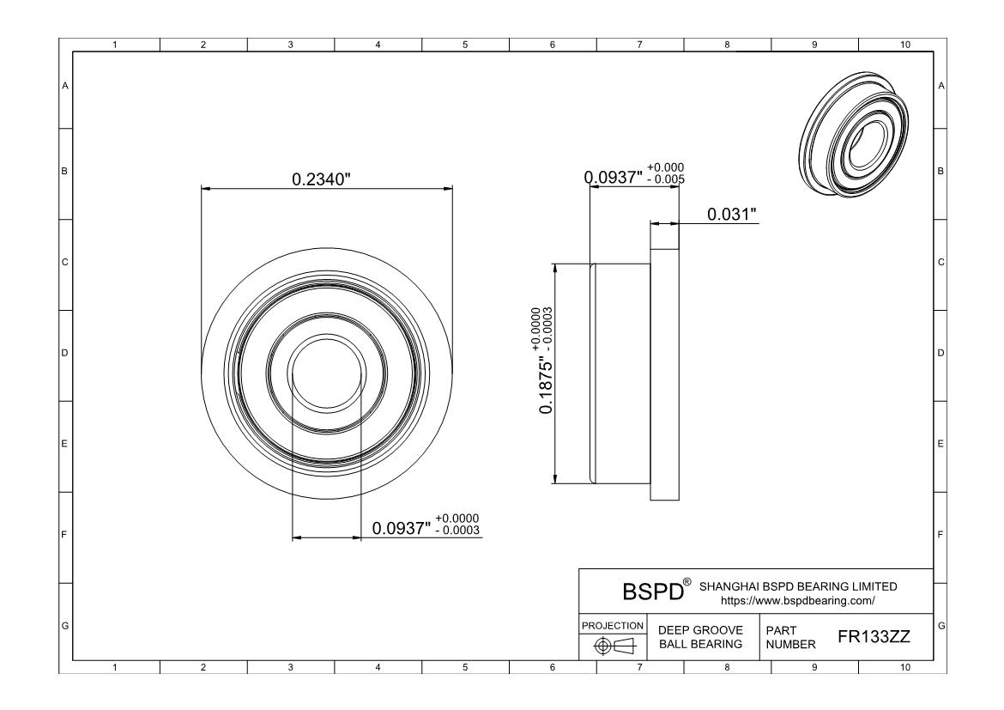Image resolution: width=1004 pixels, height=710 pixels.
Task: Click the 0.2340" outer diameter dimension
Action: tap(322, 179)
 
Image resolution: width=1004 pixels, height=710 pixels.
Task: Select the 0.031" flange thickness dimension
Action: tap(732, 214)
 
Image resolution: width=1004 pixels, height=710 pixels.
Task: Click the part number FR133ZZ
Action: tap(874, 637)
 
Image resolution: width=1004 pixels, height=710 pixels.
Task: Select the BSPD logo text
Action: tap(652, 592)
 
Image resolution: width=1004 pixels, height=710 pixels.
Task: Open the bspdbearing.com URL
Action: tap(797, 601)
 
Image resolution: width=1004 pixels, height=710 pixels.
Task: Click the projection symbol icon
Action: tap(614, 646)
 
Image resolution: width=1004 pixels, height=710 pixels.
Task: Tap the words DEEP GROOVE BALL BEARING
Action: tap(700, 637)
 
